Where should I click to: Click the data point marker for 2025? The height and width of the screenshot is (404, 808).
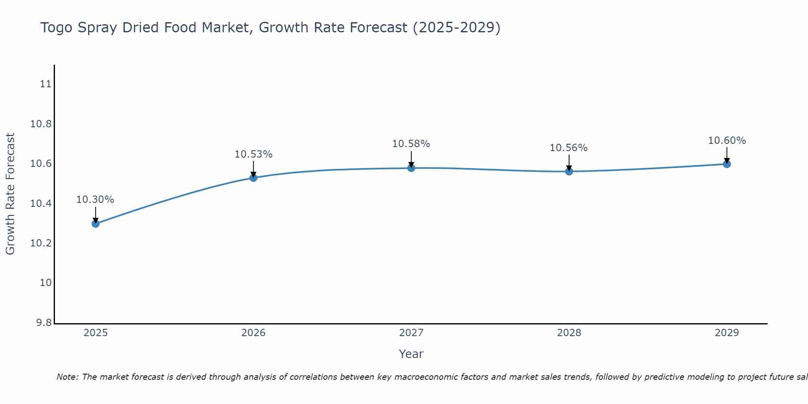click(96, 223)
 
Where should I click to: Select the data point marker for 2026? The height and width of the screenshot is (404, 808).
click(253, 178)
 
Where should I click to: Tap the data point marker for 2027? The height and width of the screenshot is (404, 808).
click(411, 168)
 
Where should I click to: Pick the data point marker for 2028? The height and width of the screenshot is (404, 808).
click(569, 171)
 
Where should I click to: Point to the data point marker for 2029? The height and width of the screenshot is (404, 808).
click(727, 164)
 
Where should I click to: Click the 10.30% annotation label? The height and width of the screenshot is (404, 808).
click(95, 200)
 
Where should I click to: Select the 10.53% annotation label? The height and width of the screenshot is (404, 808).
click(254, 154)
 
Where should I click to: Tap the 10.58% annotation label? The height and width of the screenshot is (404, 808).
click(411, 144)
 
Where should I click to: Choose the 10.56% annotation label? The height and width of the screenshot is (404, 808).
click(568, 148)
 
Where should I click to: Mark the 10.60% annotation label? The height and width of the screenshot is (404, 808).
click(727, 141)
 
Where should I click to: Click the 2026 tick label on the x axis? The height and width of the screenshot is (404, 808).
click(253, 333)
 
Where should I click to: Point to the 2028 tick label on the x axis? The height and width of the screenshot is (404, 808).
click(569, 333)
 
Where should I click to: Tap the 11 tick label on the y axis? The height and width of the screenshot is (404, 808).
click(46, 84)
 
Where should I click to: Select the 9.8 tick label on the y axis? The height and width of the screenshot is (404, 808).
click(44, 323)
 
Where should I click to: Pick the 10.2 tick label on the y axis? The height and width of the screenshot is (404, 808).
click(41, 243)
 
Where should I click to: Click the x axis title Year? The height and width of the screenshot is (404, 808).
click(411, 354)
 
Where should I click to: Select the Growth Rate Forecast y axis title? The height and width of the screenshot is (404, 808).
click(11, 194)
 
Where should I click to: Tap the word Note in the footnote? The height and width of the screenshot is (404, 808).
click(67, 377)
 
